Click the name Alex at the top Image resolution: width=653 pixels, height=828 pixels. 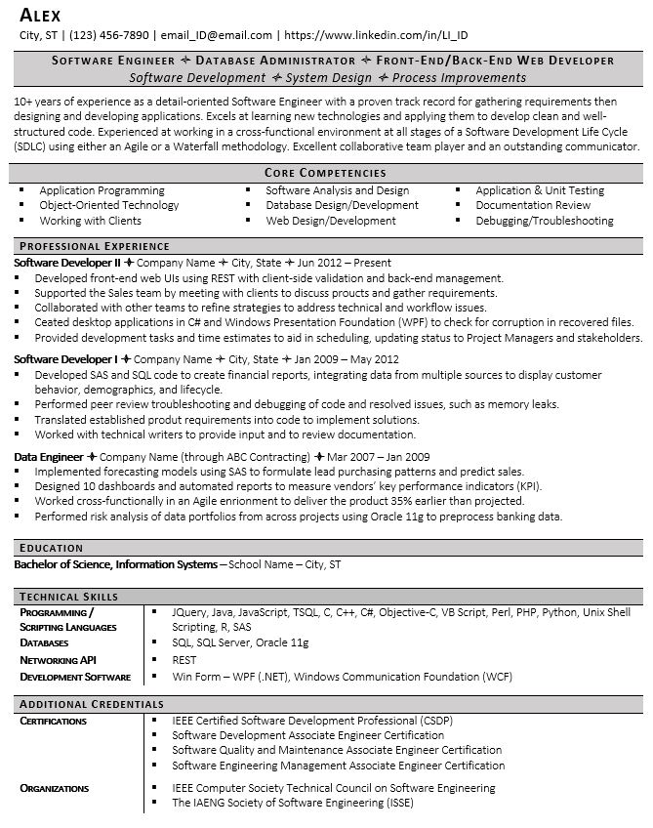coord(40,14)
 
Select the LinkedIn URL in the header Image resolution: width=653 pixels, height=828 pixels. coord(381,33)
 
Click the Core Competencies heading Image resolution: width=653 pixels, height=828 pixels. coord(326,172)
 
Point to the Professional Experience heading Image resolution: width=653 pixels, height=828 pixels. coord(95,246)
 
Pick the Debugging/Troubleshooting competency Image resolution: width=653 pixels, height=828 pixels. coord(545,221)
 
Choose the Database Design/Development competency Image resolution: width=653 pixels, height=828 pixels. coord(343,206)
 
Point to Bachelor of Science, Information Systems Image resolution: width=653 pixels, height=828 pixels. coord(116,564)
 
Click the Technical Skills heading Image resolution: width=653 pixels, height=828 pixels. coord(69,596)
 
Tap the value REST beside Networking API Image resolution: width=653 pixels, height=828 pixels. coord(184,660)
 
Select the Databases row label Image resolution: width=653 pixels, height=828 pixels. coord(44,643)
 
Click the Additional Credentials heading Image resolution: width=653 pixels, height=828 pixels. coord(92,703)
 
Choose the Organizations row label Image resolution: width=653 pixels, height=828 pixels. coord(54,788)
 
